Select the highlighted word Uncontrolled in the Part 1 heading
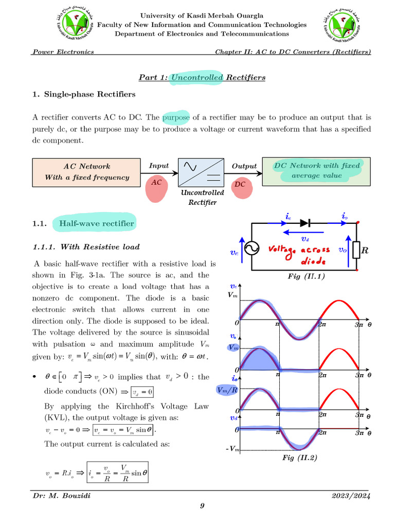(197, 77)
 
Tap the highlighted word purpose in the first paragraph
(176, 117)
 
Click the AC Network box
(87, 172)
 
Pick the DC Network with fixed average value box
(316, 171)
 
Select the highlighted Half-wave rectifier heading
(97, 223)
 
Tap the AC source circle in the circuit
(251, 250)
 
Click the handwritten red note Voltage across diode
(300, 254)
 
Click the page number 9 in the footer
(202, 507)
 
